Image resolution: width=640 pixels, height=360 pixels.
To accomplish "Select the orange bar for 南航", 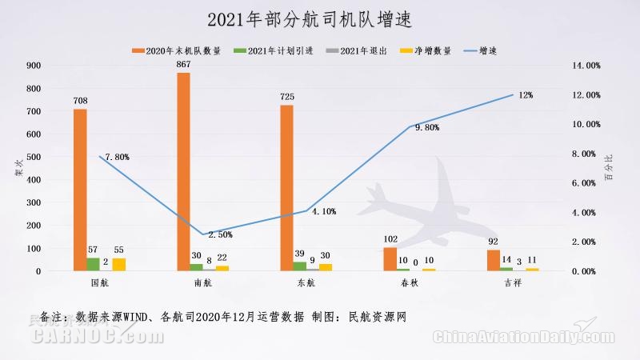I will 183,171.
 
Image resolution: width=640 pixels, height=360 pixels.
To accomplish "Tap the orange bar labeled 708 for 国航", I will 80,190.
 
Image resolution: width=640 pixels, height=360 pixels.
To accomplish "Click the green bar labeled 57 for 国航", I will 93,264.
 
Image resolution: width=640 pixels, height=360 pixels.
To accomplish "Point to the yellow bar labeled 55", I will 119,264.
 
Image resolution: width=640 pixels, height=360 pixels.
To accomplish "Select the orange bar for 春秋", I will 390,259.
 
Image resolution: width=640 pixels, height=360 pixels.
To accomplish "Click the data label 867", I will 183,64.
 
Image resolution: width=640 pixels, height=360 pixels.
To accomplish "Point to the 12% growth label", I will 526,95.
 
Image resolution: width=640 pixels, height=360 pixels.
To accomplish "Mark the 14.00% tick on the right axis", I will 586,66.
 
